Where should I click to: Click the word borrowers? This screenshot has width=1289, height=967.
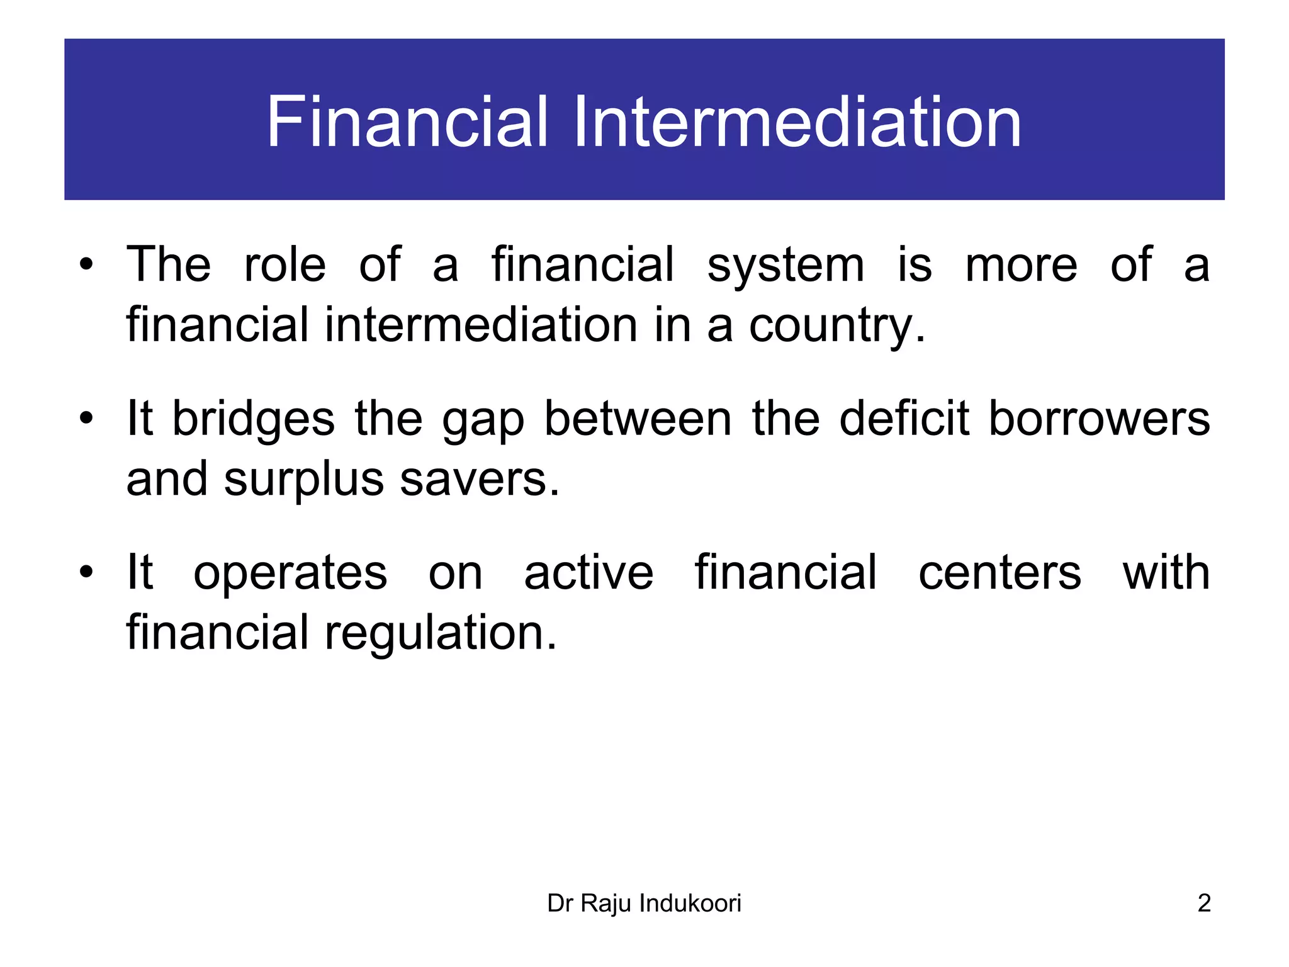(1099, 418)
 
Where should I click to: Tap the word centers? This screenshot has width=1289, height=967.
(999, 572)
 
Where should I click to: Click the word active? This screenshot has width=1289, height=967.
(588, 572)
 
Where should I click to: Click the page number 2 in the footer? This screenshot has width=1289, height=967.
(1203, 903)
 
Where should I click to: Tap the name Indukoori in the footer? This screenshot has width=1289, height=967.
(690, 903)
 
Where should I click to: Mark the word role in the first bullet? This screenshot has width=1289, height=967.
(284, 264)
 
